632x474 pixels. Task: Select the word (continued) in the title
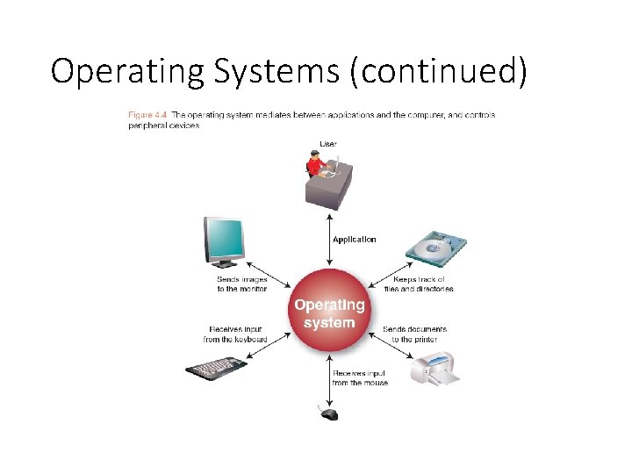tap(438, 71)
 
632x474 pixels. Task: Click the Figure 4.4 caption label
tap(147, 115)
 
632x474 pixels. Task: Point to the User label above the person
tap(328, 143)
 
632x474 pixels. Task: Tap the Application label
tap(354, 239)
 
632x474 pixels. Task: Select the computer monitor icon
tap(225, 241)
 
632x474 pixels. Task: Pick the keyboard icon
tap(213, 368)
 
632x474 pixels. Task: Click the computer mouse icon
tap(328, 413)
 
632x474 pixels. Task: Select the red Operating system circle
tap(329, 313)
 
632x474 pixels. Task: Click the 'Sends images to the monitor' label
tap(241, 284)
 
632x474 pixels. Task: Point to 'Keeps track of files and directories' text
tap(419, 284)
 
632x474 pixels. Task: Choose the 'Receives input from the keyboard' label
tap(234, 334)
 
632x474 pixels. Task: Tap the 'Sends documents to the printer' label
tap(414, 334)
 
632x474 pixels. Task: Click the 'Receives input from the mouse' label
tap(360, 378)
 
